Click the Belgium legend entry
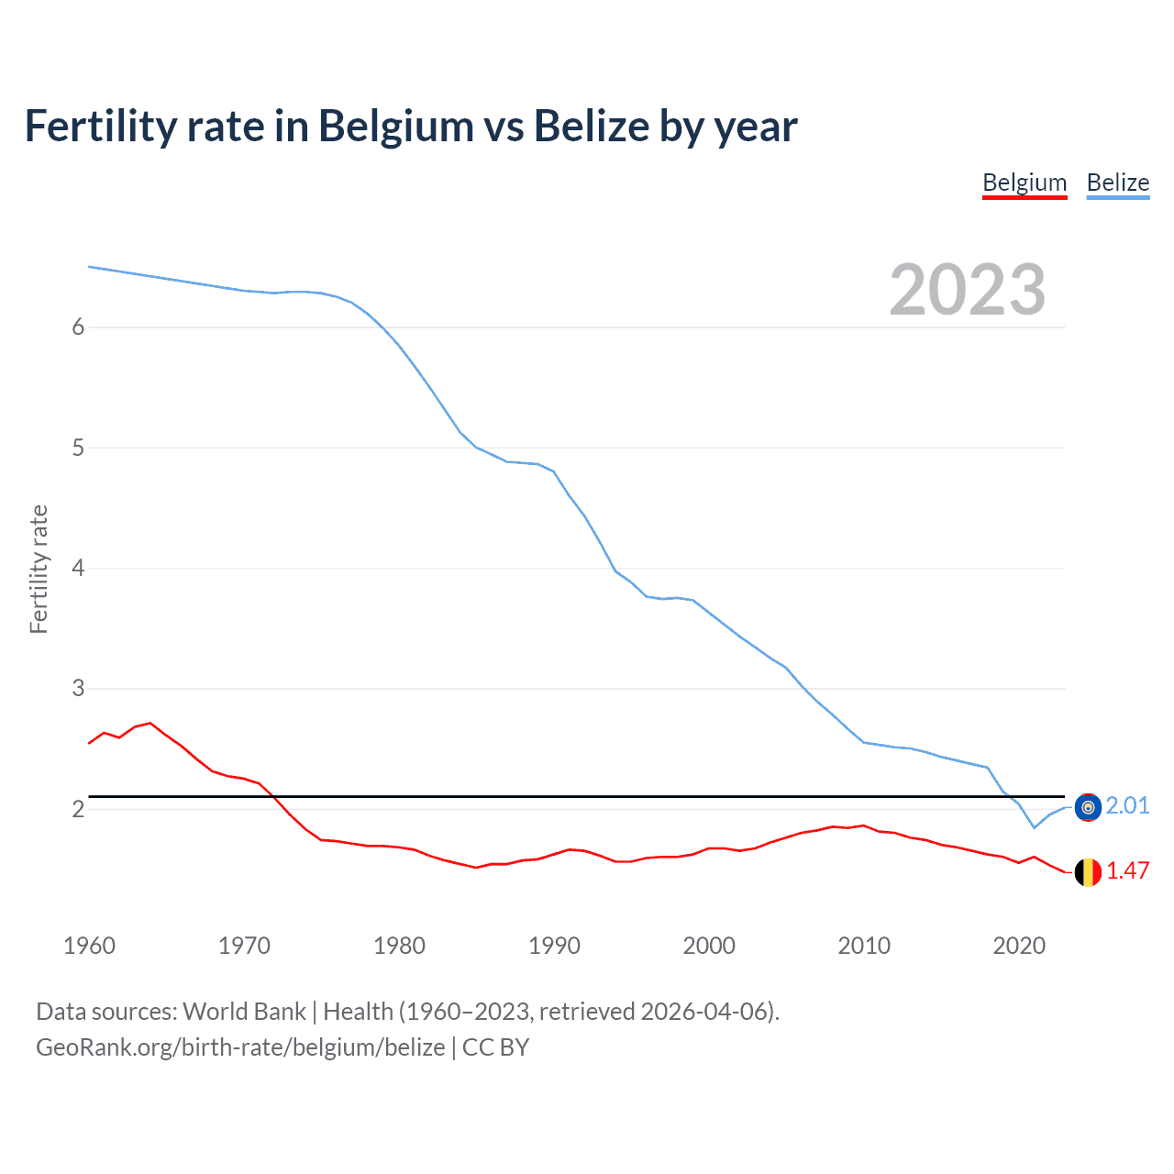1024,183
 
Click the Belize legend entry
1117,183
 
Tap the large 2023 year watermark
968,290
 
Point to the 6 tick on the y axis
78,327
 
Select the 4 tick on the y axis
78,569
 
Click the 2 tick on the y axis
78,809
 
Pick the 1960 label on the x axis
89,946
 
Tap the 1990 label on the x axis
554,946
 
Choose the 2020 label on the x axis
1019,946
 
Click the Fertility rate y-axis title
39,569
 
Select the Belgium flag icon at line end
1088,872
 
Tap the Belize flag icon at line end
1088,807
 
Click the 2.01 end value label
1127,805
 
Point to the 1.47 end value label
1127,870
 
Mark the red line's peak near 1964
150,723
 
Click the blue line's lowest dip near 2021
1034,827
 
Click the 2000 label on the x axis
709,946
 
